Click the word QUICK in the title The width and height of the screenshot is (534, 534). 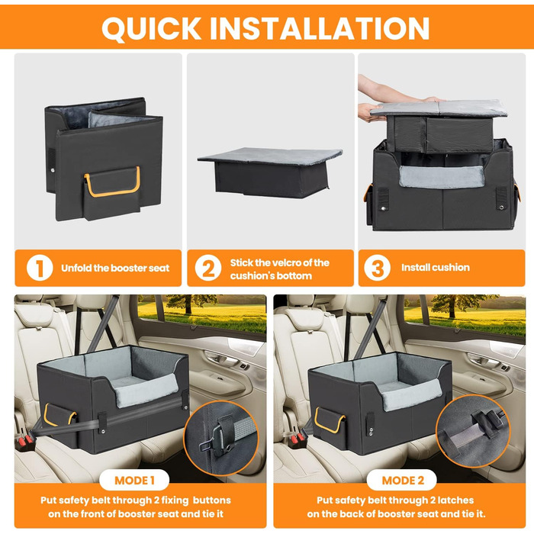pyautogui.click(x=152, y=28)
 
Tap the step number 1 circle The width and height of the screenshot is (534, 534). pyautogui.click(x=40, y=268)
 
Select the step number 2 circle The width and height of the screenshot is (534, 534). pyautogui.click(x=208, y=268)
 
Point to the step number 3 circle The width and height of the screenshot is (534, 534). pyautogui.click(x=377, y=268)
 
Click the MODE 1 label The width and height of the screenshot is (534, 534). pyautogui.click(x=134, y=481)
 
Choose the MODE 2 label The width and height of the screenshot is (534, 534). pyautogui.click(x=403, y=481)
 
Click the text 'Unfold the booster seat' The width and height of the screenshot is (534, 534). pyautogui.click(x=115, y=268)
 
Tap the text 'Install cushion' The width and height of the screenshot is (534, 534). pyautogui.click(x=436, y=267)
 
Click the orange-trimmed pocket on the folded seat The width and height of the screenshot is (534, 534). pyautogui.click(x=112, y=191)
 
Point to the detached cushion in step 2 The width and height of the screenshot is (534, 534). pyautogui.click(x=270, y=172)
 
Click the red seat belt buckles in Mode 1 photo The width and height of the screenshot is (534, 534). pyautogui.click(x=24, y=442)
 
